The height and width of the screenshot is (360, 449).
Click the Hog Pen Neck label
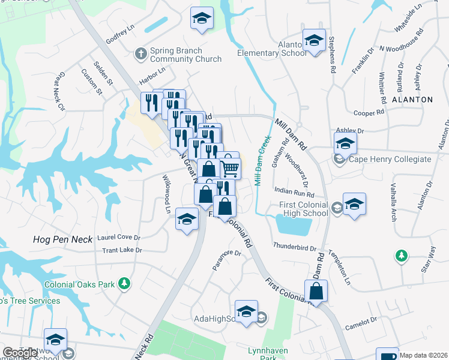point(63,239)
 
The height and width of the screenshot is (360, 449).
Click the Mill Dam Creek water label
point(262,160)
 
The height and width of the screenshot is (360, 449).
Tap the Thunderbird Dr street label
point(294,247)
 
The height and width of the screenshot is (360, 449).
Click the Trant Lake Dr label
point(122,250)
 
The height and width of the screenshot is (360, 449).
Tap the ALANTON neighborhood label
point(412,99)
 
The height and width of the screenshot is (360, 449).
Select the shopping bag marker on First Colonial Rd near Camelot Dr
point(316,292)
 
